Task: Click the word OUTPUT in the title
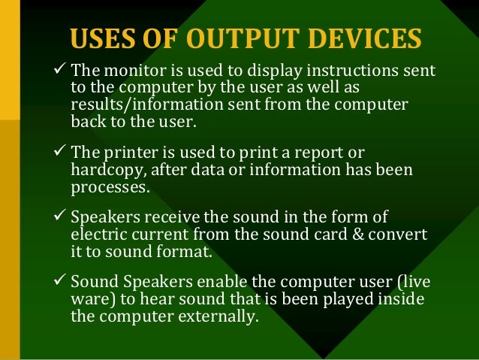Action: (x=238, y=38)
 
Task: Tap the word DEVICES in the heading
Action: (x=360, y=38)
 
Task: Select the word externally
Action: (x=215, y=316)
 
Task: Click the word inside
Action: (x=404, y=299)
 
